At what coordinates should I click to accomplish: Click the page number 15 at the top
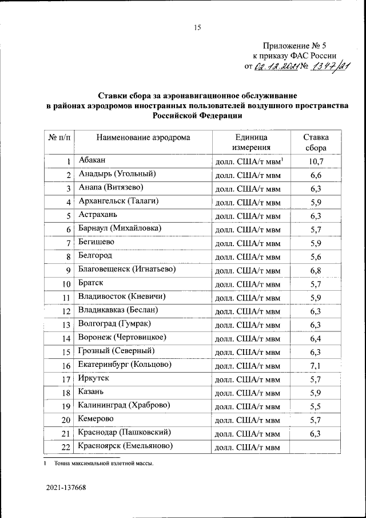click(x=198, y=27)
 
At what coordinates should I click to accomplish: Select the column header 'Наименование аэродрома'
click(x=143, y=137)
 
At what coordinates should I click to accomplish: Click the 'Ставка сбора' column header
click(x=316, y=143)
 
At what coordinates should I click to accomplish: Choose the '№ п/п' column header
click(x=58, y=137)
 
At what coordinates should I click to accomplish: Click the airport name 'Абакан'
click(x=92, y=160)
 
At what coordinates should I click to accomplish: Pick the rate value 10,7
click(x=316, y=161)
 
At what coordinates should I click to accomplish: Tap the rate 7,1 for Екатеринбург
click(x=316, y=365)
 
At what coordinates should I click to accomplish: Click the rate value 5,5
click(x=316, y=406)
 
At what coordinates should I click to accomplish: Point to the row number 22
click(x=65, y=447)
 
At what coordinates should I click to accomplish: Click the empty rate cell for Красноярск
click(x=316, y=446)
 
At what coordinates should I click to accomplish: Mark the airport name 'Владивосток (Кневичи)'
click(x=124, y=296)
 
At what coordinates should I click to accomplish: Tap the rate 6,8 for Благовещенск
click(x=316, y=270)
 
